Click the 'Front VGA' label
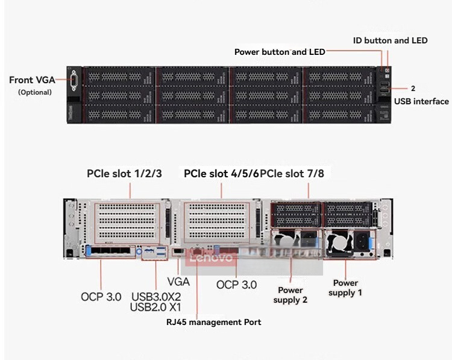tap(32, 80)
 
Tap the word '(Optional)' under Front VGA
tap(35, 92)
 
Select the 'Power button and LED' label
tap(280, 52)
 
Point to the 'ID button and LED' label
tap(391, 40)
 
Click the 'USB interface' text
tap(421, 101)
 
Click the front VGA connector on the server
tap(74, 80)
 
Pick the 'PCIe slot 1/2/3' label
tap(124, 173)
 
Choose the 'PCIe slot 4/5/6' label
tap(221, 173)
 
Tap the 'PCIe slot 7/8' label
tap(292, 173)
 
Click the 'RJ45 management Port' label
tap(213, 322)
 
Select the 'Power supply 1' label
tap(345, 288)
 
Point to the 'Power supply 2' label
tap(290, 295)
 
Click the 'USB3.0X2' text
tap(156, 297)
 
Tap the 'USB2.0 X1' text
tap(155, 307)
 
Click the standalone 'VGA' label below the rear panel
tap(178, 282)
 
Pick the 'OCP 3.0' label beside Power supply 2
tap(236, 285)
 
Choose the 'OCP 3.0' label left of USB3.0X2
tap(101, 297)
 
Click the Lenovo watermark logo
tap(211, 257)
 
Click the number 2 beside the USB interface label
tap(413, 88)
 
